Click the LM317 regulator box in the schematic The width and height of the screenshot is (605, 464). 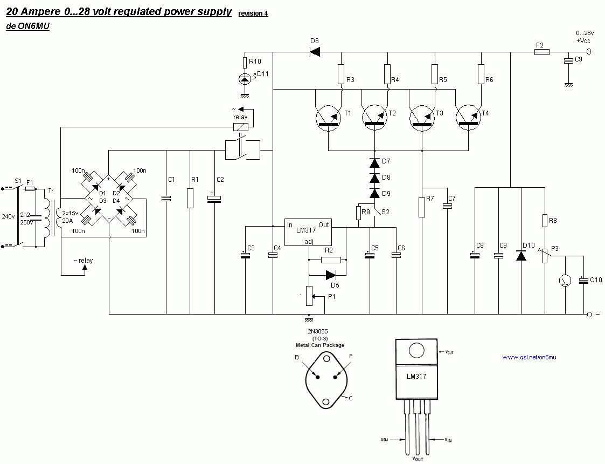(308, 232)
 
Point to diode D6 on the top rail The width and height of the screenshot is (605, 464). (315, 52)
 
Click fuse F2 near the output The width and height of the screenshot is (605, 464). (541, 52)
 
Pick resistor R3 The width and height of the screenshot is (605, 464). (341, 74)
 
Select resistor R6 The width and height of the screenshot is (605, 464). (481, 74)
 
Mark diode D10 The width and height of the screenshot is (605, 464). (521, 255)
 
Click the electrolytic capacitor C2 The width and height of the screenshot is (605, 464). (214, 199)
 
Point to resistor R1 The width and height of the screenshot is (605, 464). (190, 198)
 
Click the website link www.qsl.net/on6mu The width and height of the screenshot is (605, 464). (528, 357)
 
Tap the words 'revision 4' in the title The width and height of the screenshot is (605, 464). (253, 13)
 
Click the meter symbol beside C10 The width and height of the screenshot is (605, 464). (565, 281)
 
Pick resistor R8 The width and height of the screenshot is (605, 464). (545, 221)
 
